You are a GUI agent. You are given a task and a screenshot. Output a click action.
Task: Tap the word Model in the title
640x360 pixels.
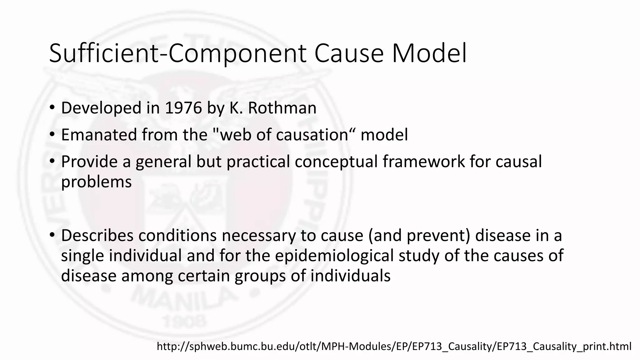(x=429, y=54)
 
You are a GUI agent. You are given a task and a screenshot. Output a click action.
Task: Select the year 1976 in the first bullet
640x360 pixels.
(x=183, y=108)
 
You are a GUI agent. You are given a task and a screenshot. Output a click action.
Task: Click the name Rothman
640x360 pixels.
(x=282, y=108)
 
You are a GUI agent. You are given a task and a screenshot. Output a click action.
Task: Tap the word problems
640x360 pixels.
(x=96, y=182)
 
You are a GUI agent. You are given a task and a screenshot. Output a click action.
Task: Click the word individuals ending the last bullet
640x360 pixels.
(x=350, y=276)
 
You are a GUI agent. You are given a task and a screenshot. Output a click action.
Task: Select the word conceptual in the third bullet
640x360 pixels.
(x=336, y=162)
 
